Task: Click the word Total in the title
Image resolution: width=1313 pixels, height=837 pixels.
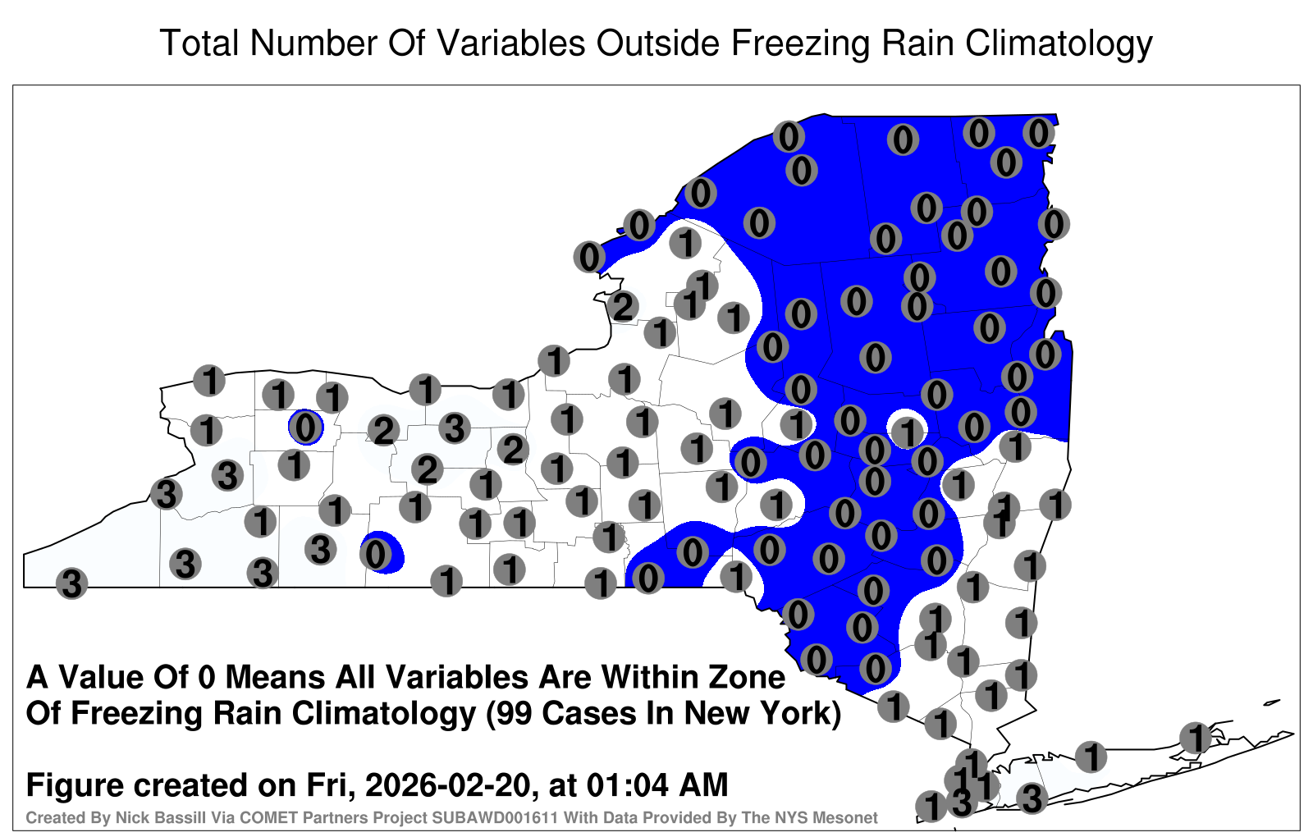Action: [199, 43]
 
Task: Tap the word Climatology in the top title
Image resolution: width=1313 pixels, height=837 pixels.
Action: [1059, 44]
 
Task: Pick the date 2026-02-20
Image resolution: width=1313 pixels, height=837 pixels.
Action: [451, 785]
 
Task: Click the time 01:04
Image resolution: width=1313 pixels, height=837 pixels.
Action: [629, 785]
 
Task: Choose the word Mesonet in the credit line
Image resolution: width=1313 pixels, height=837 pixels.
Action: [848, 817]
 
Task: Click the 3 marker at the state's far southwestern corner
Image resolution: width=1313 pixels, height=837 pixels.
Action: [71, 583]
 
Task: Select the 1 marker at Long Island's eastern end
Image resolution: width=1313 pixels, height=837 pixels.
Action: [1196, 738]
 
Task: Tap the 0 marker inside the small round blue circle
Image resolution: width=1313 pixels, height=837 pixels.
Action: [305, 428]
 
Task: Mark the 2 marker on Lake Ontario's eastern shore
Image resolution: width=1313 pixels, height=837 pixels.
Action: [623, 307]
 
